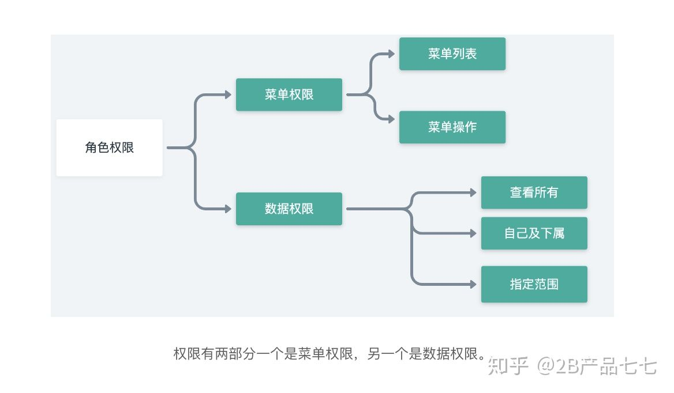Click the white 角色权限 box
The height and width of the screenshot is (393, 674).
(109, 148)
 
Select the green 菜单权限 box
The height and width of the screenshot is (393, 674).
(289, 95)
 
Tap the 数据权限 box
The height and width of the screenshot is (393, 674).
(289, 209)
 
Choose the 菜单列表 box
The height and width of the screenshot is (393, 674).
(452, 54)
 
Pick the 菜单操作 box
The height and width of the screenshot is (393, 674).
(452, 127)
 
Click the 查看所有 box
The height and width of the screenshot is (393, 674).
(534, 192)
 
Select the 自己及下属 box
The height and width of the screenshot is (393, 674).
(534, 233)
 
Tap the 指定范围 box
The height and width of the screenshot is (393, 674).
(534, 284)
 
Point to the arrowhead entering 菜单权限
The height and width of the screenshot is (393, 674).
(229, 95)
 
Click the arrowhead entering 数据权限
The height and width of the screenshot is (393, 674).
(229, 209)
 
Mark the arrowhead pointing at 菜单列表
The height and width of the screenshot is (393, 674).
(392, 54)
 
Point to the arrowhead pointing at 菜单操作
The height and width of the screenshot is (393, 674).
(392, 119)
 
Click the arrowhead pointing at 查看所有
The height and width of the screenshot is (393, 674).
(473, 192)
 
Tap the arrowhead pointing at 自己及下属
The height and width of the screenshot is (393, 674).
(473, 233)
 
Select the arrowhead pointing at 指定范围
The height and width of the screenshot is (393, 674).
(473, 284)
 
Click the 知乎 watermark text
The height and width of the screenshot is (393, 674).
(508, 366)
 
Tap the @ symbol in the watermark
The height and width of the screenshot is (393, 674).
(546, 365)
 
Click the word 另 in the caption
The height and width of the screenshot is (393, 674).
(374, 354)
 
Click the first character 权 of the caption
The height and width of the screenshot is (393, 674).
(180, 354)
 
